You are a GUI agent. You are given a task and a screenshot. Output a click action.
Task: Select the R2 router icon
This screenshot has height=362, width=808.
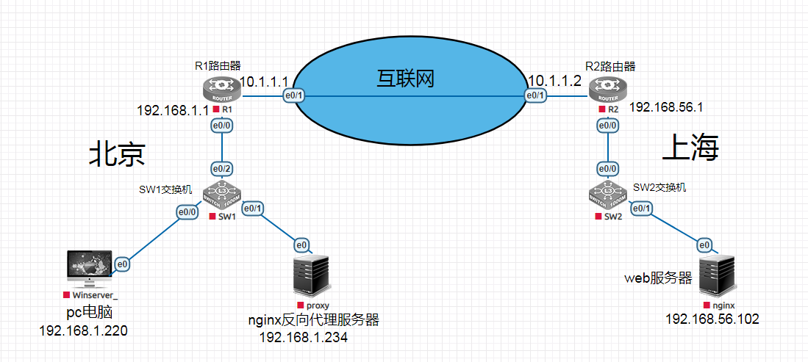click(x=608, y=90)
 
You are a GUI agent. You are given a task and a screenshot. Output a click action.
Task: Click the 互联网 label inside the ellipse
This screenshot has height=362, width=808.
click(x=404, y=78)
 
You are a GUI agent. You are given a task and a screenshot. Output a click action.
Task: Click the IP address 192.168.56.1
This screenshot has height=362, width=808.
click(x=667, y=107)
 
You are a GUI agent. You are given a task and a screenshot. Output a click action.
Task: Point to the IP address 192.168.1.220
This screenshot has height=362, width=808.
click(x=84, y=330)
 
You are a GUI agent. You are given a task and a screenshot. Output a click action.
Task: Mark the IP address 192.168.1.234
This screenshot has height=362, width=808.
click(x=304, y=338)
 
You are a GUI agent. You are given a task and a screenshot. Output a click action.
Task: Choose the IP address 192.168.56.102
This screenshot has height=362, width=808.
click(x=712, y=319)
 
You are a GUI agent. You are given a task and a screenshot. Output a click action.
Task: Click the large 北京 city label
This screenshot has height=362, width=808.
click(x=118, y=154)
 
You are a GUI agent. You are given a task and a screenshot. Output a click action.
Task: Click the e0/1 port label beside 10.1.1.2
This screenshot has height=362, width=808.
click(x=535, y=96)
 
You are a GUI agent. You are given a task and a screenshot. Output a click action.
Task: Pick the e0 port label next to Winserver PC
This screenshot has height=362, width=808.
click(x=123, y=263)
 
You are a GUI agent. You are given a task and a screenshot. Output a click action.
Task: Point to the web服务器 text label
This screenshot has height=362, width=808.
click(x=659, y=278)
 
